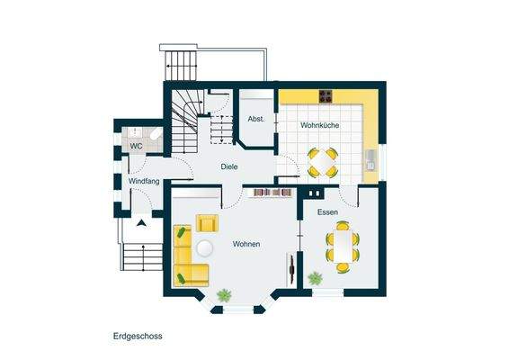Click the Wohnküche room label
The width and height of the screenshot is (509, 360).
tap(319, 126)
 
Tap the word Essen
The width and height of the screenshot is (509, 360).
tap(327, 212)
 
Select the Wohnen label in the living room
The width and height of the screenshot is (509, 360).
tap(246, 244)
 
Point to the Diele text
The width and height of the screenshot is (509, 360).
tap(230, 166)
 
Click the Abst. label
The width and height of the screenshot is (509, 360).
tap(254, 119)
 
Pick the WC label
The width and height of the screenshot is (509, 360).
tap(136, 145)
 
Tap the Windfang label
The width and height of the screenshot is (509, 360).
tap(143, 182)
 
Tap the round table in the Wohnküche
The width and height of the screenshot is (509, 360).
tap(322, 162)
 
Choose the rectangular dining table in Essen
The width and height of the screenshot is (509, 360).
tap(342, 246)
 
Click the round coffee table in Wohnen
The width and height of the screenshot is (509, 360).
tap(206, 248)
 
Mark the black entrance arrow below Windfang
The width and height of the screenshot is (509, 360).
tap(142, 221)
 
